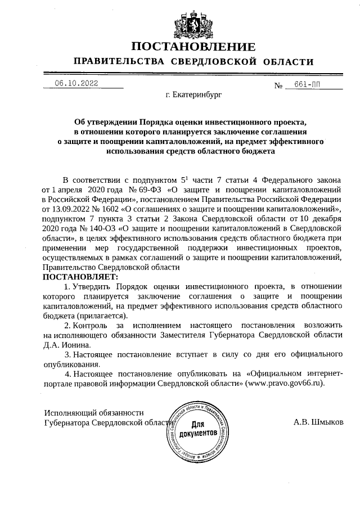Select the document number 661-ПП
[x=307, y=84]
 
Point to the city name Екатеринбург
[x=194, y=96]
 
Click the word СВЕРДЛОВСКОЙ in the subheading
[x=218, y=61]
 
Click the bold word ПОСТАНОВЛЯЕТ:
[x=80, y=277]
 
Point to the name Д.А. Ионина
[x=66, y=345]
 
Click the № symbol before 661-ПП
[x=278, y=85]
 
